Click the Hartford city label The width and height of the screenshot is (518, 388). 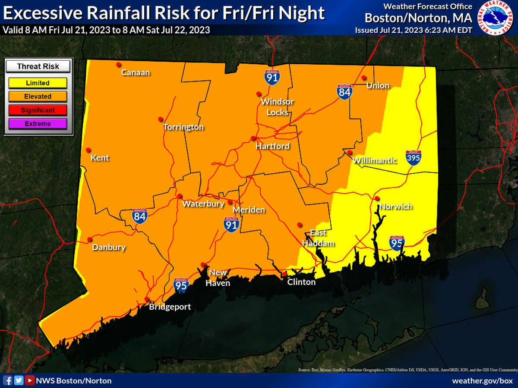(272, 147)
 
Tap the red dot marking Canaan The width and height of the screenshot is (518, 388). (117, 65)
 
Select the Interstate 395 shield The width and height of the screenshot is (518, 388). (413, 158)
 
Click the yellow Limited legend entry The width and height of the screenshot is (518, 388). (38, 83)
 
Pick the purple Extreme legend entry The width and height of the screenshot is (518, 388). (38, 124)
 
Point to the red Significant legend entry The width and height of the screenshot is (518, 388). (38, 110)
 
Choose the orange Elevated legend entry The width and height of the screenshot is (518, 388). (38, 97)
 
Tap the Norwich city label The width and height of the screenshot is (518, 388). (395, 207)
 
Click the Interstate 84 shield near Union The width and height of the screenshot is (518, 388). (345, 92)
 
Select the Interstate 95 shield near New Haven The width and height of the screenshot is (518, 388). (181, 285)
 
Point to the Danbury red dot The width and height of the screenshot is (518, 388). (90, 239)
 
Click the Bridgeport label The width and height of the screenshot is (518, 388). (170, 307)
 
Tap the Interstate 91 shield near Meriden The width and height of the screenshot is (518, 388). (231, 224)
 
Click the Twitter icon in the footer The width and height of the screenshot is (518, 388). (19, 380)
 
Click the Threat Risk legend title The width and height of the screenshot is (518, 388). (38, 66)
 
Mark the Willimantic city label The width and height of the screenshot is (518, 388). (374, 160)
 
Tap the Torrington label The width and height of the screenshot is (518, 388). (183, 127)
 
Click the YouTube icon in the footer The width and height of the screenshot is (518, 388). (29, 380)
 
